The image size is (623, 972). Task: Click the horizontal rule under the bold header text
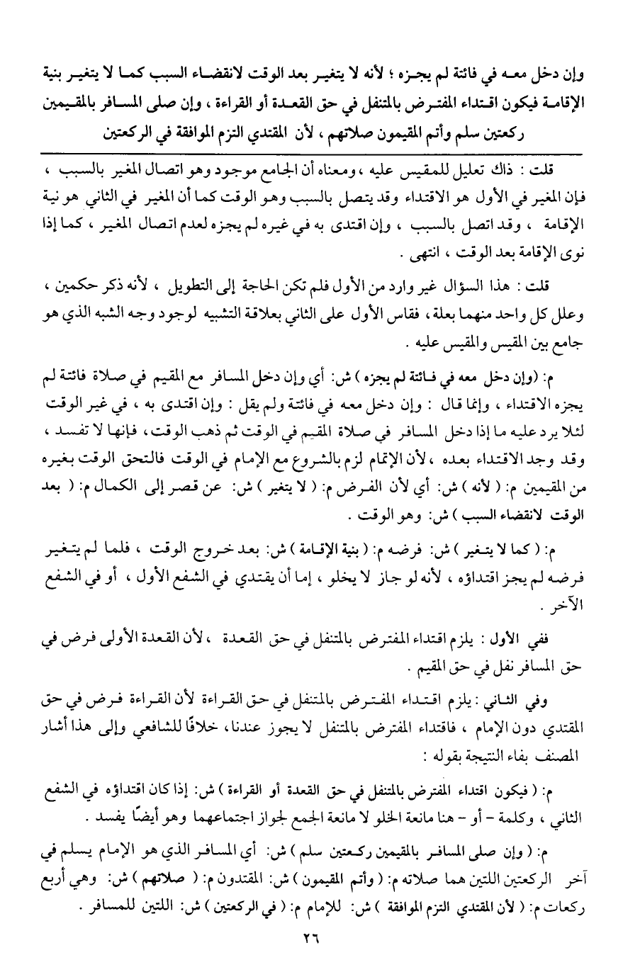click(x=312, y=154)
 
